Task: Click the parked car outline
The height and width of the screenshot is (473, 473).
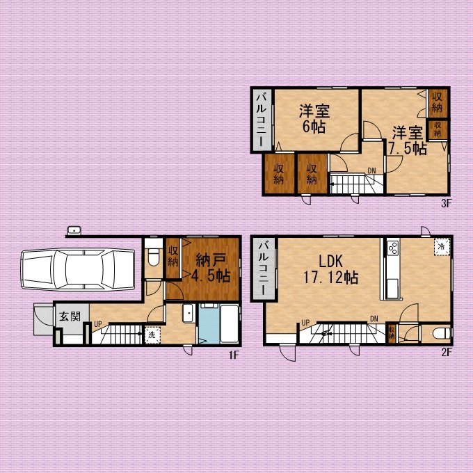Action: point(78,269)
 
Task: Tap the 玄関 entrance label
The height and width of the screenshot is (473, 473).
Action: point(70,316)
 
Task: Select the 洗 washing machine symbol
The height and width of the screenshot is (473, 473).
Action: point(152,335)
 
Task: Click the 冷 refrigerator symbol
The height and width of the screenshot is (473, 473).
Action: point(442,246)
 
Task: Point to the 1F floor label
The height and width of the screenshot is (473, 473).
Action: point(234,355)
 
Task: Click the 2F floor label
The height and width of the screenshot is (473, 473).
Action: point(447,352)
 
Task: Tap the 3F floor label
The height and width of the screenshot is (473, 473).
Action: point(446,204)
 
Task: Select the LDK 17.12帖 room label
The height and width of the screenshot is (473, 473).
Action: point(331,269)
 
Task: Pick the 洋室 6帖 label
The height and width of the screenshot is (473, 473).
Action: point(314,119)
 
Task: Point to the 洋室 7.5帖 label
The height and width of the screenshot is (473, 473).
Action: point(408,141)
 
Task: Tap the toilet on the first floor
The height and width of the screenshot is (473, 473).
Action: point(154,257)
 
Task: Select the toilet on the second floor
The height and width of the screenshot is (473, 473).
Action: point(442,334)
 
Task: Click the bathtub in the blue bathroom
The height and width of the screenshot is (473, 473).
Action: point(230,323)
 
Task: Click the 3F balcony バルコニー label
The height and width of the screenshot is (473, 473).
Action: point(262,120)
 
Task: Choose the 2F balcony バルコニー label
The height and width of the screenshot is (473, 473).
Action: point(264,268)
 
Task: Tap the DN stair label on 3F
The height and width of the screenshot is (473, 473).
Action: point(371,170)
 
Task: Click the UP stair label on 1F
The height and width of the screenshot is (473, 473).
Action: point(98,324)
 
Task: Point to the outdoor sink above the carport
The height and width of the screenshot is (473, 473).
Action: point(74,230)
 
